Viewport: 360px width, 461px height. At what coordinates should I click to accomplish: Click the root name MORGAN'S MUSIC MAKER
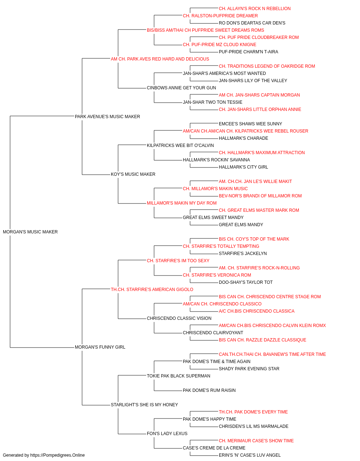30,232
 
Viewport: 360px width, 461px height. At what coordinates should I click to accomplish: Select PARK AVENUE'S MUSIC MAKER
107,116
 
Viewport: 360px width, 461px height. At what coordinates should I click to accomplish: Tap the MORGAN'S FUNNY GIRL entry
100,347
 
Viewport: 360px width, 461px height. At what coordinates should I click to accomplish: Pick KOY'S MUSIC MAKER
133,174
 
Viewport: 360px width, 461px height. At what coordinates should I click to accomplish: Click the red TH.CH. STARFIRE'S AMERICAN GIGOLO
152,289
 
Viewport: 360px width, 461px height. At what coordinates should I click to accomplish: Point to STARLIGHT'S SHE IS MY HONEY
144,404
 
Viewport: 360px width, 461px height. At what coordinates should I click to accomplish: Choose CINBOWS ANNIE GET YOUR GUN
181,88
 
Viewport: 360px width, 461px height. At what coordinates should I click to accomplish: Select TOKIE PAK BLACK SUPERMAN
178,376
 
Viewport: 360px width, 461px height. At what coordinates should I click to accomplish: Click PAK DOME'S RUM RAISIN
209,390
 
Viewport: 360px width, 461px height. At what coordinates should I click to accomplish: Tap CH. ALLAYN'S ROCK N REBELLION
255,9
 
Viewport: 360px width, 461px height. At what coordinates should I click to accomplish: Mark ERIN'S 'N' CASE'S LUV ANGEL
249,455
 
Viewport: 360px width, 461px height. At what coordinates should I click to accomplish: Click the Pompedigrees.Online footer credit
44,455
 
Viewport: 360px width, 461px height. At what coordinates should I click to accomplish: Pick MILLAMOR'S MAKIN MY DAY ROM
181,203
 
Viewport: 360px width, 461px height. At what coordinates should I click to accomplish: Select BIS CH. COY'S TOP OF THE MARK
254,239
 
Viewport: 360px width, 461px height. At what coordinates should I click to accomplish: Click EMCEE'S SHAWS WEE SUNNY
250,124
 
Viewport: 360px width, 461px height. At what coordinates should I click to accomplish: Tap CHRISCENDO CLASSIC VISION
179,318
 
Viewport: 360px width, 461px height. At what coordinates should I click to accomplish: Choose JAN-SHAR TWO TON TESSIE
212,102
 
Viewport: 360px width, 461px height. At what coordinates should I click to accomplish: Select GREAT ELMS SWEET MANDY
213,217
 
